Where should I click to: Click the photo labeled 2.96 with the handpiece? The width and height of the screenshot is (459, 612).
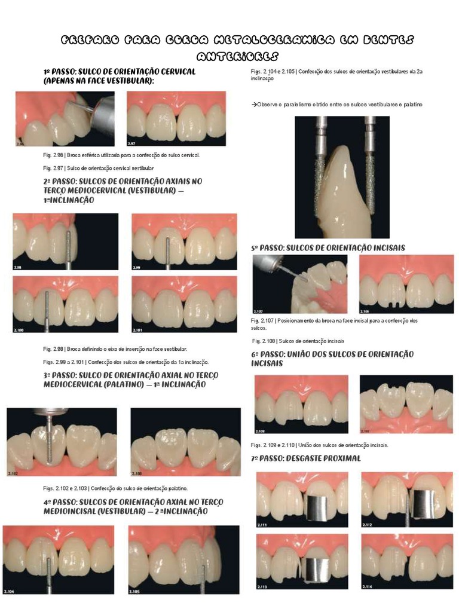[65, 118]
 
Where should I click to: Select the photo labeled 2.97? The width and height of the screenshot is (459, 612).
[176, 118]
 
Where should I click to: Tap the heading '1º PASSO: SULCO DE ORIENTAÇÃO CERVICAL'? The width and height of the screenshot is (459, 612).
[119, 76]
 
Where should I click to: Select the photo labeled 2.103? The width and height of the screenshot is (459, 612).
[185, 442]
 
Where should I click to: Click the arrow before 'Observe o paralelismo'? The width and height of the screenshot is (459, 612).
[253, 105]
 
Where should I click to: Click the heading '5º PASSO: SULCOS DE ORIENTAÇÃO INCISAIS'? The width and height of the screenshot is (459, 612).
[328, 247]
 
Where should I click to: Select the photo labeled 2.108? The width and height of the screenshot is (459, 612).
[406, 284]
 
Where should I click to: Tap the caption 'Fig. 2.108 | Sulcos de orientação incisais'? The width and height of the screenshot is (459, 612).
[298, 341]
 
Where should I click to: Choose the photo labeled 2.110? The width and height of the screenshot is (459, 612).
[406, 404]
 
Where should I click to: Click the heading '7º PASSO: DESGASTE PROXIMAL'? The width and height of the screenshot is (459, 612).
[306, 458]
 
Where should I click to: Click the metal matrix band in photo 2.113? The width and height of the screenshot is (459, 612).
[317, 567]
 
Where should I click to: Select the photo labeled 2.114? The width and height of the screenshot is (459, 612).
[406, 562]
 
